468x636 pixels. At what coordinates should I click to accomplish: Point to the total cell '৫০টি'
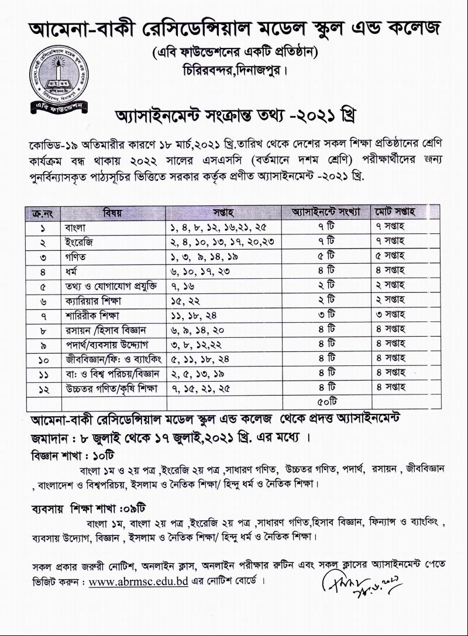click(324, 402)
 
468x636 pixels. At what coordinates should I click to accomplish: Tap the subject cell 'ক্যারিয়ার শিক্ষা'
click(94, 300)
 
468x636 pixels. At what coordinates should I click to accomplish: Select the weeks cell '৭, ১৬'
click(183, 286)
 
